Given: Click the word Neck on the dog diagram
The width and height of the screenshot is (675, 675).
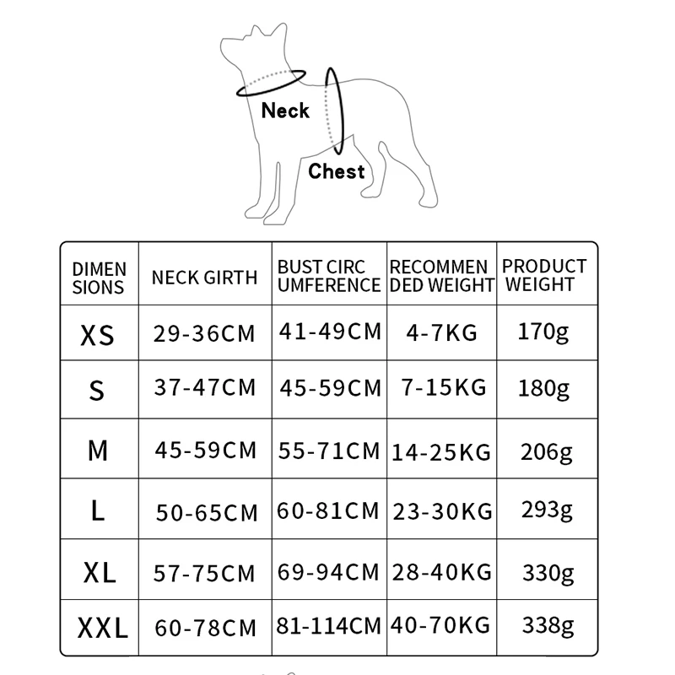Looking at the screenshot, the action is [285, 111].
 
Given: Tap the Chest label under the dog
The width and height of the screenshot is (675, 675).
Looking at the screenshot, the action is [336, 171].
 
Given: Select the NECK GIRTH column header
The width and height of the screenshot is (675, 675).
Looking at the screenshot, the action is [205, 278].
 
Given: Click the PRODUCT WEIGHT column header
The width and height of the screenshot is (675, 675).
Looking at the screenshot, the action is [544, 275].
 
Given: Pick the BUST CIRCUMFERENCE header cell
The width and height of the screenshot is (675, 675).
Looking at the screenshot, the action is [329, 276].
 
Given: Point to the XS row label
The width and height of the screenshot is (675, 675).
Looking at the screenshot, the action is [97, 335].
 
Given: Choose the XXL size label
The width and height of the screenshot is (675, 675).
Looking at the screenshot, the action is [102, 628].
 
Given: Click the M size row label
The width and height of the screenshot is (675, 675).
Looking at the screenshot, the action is [98, 451].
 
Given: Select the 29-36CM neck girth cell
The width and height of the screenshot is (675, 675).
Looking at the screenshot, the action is [204, 332].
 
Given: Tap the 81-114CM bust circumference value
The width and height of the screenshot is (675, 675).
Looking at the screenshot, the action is [329, 626].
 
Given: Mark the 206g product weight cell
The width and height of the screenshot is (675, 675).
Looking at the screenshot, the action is [547, 451].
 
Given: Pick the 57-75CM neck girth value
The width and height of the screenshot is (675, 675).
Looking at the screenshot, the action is [204, 573].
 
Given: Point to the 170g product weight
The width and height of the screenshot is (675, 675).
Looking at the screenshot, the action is [543, 330].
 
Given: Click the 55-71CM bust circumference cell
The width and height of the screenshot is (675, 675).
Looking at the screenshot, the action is [329, 451].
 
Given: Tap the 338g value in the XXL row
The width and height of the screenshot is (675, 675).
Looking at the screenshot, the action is [547, 626].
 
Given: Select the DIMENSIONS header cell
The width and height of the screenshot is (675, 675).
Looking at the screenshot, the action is [99, 278].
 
